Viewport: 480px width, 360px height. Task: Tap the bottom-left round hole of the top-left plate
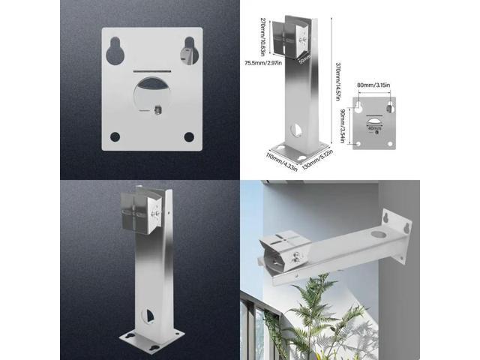pos(115,136)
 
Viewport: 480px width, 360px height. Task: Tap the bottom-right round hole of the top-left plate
pos(189,136)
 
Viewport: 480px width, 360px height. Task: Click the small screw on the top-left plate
pos(160,109)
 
